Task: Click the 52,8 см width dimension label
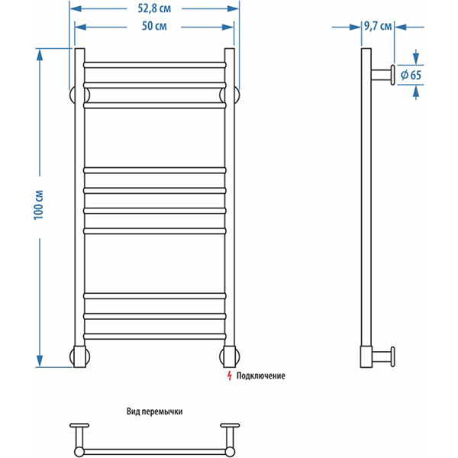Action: (x=154, y=8)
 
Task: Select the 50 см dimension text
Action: (x=154, y=26)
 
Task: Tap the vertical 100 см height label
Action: (x=39, y=205)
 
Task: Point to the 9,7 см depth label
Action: (x=377, y=26)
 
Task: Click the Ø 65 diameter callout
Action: (x=411, y=76)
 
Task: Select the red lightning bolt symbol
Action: (x=230, y=376)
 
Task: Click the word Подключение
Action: (x=260, y=376)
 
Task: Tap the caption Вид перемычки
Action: (x=154, y=411)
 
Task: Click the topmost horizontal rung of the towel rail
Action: (x=155, y=65)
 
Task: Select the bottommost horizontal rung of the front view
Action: (x=155, y=336)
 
